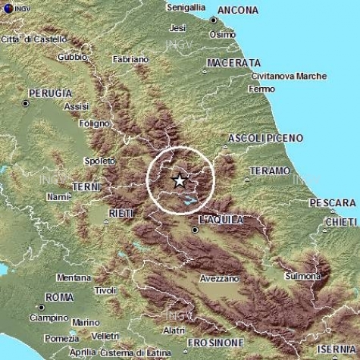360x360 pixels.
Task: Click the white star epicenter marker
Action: click(x=179, y=180)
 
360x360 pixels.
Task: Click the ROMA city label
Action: click(x=58, y=296)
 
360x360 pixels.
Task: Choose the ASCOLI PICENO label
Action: click(x=265, y=138)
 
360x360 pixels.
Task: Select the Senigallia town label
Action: click(x=185, y=7)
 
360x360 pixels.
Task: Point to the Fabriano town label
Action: click(x=130, y=58)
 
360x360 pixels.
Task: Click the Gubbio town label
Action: click(x=74, y=56)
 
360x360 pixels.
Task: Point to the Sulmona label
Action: click(x=302, y=277)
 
